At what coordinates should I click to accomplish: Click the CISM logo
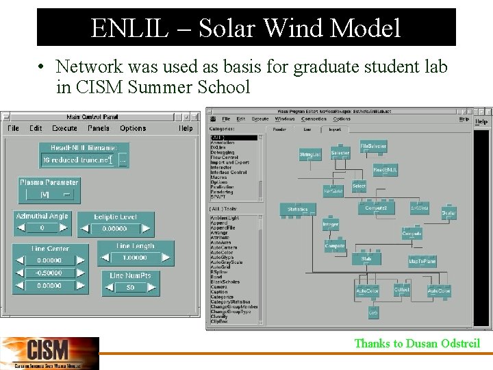[49, 353]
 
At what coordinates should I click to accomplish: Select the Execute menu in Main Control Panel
[65, 128]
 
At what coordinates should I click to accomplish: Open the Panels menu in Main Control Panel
[99, 128]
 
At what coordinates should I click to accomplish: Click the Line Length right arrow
[167, 258]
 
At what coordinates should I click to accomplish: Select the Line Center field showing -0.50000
[49, 273]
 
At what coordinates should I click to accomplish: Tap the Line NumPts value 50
[131, 288]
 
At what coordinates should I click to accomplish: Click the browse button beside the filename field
[123, 160]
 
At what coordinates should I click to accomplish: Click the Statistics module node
[297, 209]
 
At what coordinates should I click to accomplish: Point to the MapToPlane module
[422, 262]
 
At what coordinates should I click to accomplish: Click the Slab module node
[366, 259]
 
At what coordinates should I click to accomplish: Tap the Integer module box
[330, 224]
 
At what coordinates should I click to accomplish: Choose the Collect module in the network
[402, 290]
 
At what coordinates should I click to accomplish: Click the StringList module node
[309, 155]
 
